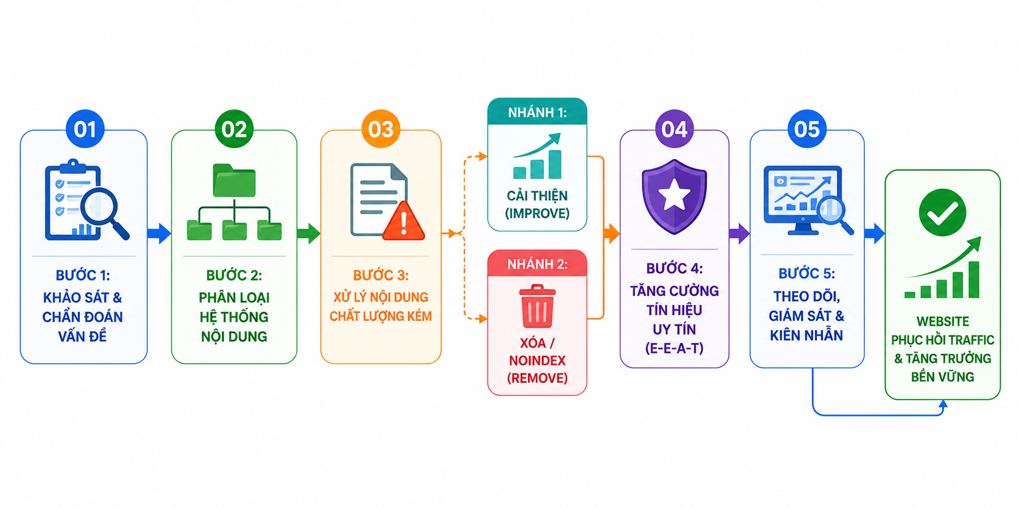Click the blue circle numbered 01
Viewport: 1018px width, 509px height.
85,129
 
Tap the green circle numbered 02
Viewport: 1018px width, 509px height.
234,129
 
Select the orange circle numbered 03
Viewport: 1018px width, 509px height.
381,129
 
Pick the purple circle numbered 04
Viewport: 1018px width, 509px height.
674,129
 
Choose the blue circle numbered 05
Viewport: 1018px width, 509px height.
807,129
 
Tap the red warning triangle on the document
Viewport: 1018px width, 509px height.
404,221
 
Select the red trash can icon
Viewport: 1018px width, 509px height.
537,306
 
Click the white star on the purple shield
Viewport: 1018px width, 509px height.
674,195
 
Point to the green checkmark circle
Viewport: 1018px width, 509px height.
942,212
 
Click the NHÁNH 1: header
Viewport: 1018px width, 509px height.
537,112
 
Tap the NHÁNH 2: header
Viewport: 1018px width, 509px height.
537,264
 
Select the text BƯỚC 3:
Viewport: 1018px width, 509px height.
381,275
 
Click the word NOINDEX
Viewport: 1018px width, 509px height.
537,360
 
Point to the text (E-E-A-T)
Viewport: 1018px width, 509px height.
674,348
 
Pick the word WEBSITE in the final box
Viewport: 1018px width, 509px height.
942,321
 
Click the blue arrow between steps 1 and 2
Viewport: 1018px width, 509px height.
159,233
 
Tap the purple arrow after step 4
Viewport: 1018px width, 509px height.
739,233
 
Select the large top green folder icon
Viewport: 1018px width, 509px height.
234,180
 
